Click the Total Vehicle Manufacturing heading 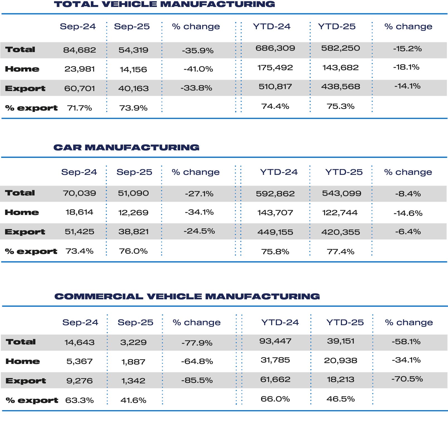164,4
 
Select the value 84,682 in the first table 79,50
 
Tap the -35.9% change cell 198,51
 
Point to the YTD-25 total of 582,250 340,48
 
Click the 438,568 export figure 340,87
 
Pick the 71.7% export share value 79,108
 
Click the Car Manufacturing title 126,148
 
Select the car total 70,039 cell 79,193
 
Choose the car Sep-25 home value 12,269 133,213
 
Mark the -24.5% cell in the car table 199,231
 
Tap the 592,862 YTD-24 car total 275,194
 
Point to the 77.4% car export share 340,252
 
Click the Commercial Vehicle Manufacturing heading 187,297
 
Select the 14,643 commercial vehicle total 79,342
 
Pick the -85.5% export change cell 197,380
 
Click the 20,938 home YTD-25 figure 340,361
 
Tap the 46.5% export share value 340,399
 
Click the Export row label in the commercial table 26,381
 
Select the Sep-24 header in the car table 79,172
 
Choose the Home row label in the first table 22,69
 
